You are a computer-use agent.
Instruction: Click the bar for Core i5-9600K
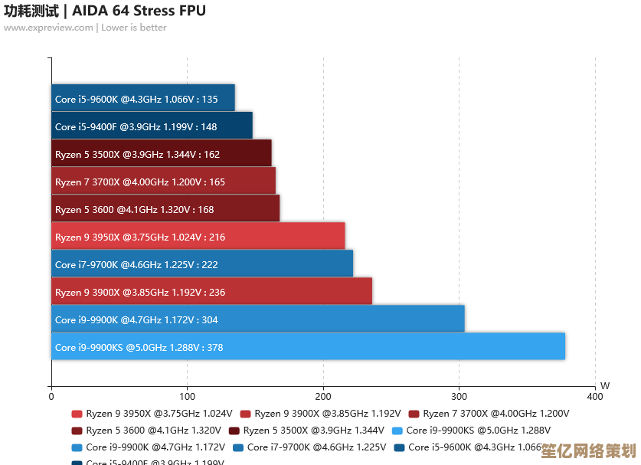[x=143, y=98]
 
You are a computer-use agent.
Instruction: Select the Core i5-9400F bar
[x=152, y=126]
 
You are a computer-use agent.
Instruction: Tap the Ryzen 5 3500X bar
[x=162, y=153]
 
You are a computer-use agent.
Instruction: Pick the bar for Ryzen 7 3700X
[x=163, y=181]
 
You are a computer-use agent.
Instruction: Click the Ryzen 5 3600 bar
[x=165, y=208]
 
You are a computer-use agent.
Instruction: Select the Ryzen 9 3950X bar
[x=198, y=236]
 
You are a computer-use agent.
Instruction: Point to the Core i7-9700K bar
[x=202, y=264]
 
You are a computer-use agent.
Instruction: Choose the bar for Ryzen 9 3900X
[x=211, y=291]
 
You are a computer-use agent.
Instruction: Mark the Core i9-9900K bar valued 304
[x=258, y=319]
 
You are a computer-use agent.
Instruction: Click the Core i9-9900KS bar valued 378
[x=308, y=346]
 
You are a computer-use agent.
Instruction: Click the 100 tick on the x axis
[x=187, y=397]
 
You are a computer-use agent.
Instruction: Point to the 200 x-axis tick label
[x=323, y=397]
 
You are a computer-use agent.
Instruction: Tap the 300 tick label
[x=459, y=397]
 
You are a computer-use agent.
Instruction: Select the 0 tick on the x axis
[x=51, y=397]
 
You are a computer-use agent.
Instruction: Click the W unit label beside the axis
[x=605, y=385]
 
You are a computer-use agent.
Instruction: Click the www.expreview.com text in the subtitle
[x=47, y=28]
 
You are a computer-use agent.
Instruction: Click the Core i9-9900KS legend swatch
[x=397, y=431]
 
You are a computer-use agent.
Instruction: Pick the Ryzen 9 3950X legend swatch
[x=76, y=414]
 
